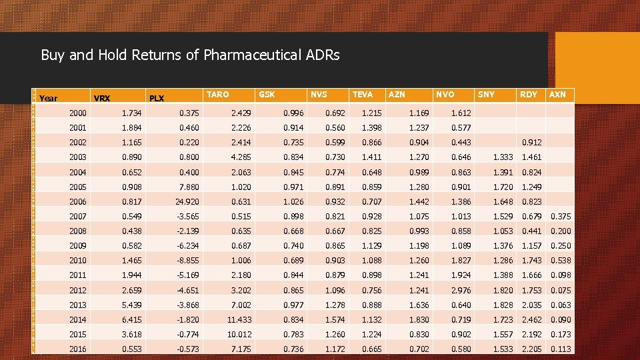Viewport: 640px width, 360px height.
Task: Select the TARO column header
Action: pos(218,95)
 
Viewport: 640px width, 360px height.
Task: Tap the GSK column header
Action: pos(266,95)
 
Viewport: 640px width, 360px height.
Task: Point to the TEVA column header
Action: pos(363,95)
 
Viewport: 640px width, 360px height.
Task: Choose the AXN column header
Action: pos(557,95)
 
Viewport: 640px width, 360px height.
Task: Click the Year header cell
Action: pos(49,99)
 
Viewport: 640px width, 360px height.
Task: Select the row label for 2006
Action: pos(78,201)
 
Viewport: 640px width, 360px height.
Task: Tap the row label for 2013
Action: pos(78,305)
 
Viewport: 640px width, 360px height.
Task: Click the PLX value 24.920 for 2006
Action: pos(188,201)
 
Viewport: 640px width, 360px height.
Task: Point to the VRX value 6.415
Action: pos(133,320)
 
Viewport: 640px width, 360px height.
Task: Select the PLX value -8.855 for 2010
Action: pos(188,261)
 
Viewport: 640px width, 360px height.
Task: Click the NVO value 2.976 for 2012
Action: pos(460,290)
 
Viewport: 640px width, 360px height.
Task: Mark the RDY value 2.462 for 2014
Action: pos(531,320)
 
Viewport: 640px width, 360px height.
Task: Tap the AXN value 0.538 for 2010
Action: pos(561,261)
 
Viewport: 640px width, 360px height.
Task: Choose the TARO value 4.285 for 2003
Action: pos(241,157)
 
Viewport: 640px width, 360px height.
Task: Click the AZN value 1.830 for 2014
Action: pos(419,320)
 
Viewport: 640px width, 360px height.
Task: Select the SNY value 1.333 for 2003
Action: pos(503,157)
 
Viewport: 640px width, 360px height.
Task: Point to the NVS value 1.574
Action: pos(335,320)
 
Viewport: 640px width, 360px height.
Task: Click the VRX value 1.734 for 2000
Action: pos(133,113)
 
